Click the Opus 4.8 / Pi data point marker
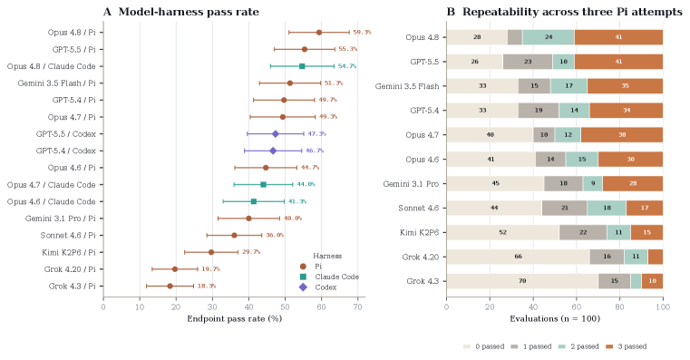click(x=319, y=32)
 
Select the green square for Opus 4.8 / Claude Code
click(x=302, y=66)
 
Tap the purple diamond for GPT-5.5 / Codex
click(x=276, y=134)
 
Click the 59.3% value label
click(x=362, y=32)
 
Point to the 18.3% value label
click(x=207, y=286)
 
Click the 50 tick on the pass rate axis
click(x=285, y=306)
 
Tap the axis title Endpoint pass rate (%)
click(x=235, y=318)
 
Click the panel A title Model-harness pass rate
click(x=181, y=12)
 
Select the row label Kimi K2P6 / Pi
click(x=69, y=252)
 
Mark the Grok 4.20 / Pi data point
click(x=175, y=269)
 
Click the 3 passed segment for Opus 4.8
click(x=618, y=37)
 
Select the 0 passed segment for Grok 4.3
click(x=522, y=281)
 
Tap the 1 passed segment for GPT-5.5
click(x=528, y=62)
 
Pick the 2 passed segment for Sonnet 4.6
click(x=607, y=208)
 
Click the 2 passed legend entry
click(x=578, y=346)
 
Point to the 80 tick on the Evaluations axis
click(x=619, y=306)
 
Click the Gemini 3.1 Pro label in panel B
click(x=411, y=183)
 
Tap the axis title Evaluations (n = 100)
click(x=555, y=318)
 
